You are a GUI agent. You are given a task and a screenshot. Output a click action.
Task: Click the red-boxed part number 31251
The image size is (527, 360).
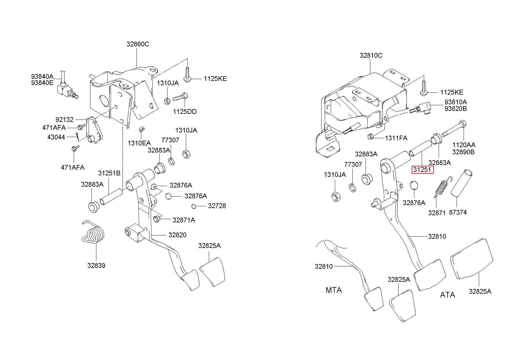(x=423, y=170)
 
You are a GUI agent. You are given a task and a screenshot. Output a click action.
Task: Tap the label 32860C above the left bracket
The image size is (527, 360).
(x=138, y=44)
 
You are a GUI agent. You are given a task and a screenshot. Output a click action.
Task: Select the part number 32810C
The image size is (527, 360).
(x=371, y=55)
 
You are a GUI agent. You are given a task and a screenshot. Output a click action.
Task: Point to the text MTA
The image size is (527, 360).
(x=334, y=290)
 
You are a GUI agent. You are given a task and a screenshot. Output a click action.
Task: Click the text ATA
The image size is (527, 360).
(x=447, y=295)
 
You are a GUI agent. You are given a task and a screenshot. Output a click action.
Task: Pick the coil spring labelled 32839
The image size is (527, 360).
(x=93, y=233)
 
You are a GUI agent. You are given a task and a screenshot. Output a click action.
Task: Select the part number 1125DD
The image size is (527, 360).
(x=185, y=112)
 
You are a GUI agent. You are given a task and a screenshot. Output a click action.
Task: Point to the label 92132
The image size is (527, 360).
(x=65, y=120)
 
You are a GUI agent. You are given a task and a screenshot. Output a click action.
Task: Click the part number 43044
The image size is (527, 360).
(x=56, y=137)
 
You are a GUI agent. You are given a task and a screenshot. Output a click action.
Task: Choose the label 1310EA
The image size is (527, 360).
(x=139, y=143)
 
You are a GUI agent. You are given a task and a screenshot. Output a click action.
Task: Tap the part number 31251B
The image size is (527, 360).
(x=109, y=173)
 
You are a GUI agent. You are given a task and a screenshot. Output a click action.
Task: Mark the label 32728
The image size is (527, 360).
(x=217, y=206)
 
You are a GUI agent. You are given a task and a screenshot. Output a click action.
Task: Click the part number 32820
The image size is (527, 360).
(x=177, y=235)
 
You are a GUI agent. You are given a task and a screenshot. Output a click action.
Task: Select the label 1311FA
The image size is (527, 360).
(x=396, y=138)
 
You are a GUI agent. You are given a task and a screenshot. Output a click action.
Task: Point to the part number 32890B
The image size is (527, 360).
(x=463, y=152)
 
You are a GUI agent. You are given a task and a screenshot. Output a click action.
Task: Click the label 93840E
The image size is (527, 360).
(x=42, y=83)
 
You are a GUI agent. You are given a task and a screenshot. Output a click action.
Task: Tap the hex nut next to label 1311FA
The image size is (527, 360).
(x=371, y=137)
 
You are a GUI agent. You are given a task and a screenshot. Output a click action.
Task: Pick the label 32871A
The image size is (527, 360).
(x=184, y=220)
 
